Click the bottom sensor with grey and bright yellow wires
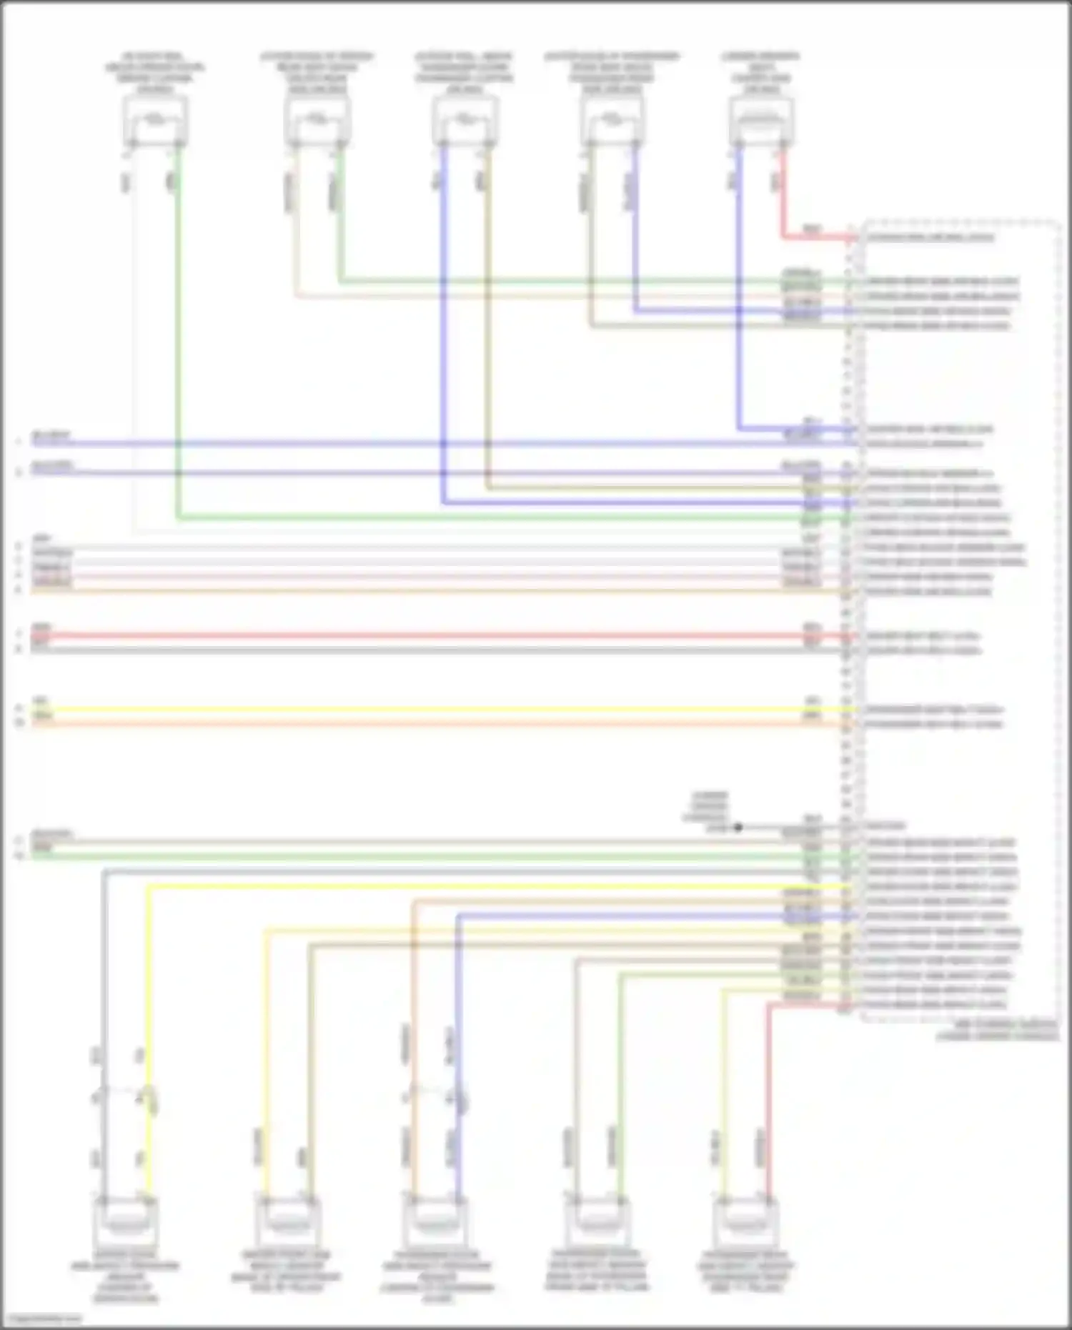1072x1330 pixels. pyautogui.click(x=126, y=1221)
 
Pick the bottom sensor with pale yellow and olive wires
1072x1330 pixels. pyautogui.click(x=287, y=1221)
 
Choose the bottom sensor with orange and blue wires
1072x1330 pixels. pyautogui.click(x=435, y=1221)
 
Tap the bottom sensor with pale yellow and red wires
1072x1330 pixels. pyautogui.click(x=745, y=1221)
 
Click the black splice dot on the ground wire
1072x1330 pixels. pyautogui.click(x=738, y=827)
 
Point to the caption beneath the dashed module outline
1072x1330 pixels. pyautogui.click(x=998, y=1030)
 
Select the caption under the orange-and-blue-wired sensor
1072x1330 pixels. pyautogui.click(x=437, y=1277)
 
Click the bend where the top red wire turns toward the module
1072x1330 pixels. pyautogui.click(x=783, y=237)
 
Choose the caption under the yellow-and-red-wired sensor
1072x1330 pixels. pyautogui.click(x=745, y=1272)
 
